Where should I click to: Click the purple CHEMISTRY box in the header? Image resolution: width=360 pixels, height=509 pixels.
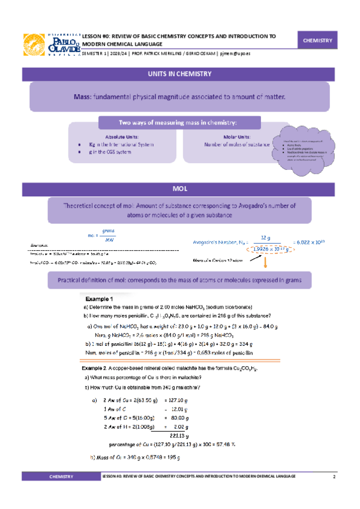coord(317,40)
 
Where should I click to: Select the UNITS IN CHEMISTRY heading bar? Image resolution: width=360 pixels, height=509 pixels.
coord(179,74)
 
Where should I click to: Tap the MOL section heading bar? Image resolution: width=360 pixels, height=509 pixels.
coord(179,189)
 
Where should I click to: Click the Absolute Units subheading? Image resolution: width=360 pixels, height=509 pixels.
coord(116,136)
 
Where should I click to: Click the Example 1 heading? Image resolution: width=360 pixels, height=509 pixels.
coord(99,298)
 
